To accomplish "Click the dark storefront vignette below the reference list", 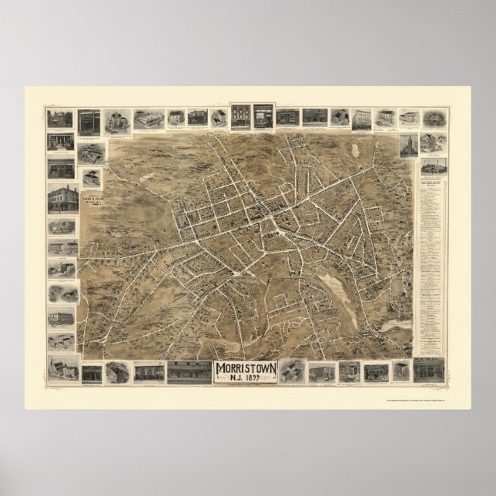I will [x=429, y=370].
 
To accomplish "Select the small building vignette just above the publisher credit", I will [x=92, y=177].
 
